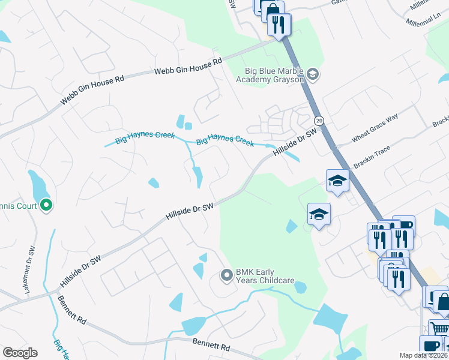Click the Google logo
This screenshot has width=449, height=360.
(20, 353)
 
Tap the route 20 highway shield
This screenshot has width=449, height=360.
(319, 121)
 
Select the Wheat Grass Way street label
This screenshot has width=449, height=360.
(375, 128)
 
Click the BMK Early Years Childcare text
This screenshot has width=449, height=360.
(265, 276)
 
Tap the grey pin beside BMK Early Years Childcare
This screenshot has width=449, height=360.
(227, 276)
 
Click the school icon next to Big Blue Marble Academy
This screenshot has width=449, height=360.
(312, 74)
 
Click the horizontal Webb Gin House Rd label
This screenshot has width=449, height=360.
(188, 65)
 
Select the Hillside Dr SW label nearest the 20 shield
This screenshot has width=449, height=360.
(295, 143)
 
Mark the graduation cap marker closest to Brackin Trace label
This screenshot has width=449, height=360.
(338, 180)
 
